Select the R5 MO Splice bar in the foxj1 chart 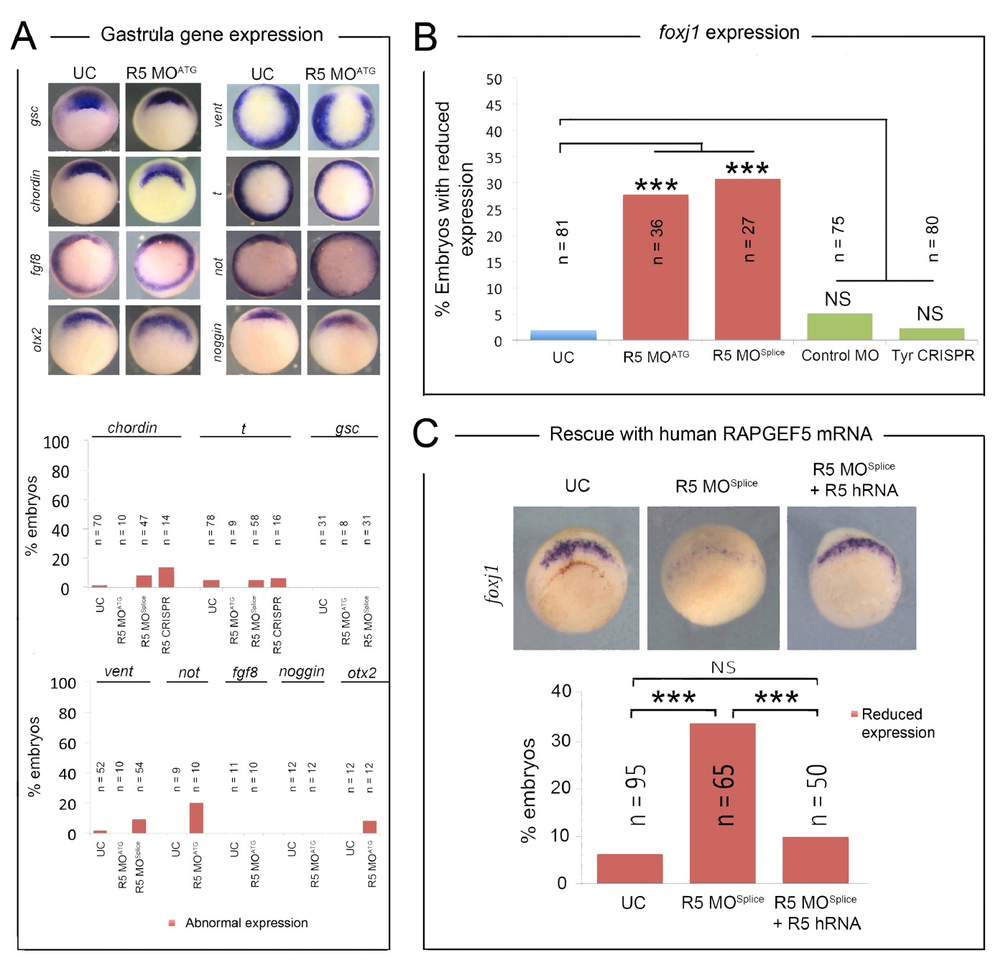click(x=747, y=259)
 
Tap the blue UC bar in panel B click(x=563, y=335)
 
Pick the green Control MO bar click(x=839, y=326)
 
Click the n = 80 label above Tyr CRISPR click(x=933, y=239)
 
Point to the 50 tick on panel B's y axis click(x=494, y=80)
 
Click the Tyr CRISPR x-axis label click(x=933, y=356)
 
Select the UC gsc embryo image click(x=84, y=117)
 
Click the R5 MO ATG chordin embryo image click(x=163, y=191)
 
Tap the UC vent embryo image click(x=263, y=117)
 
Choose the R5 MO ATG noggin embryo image click(x=343, y=340)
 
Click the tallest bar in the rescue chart click(x=722, y=803)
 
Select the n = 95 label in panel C click(x=637, y=795)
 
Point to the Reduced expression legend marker click(x=854, y=714)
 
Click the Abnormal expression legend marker click(x=172, y=923)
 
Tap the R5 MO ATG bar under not click(x=196, y=818)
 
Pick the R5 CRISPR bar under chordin click(x=166, y=578)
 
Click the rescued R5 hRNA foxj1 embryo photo click(x=851, y=578)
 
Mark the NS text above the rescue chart click(x=723, y=668)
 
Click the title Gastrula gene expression click(x=211, y=34)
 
